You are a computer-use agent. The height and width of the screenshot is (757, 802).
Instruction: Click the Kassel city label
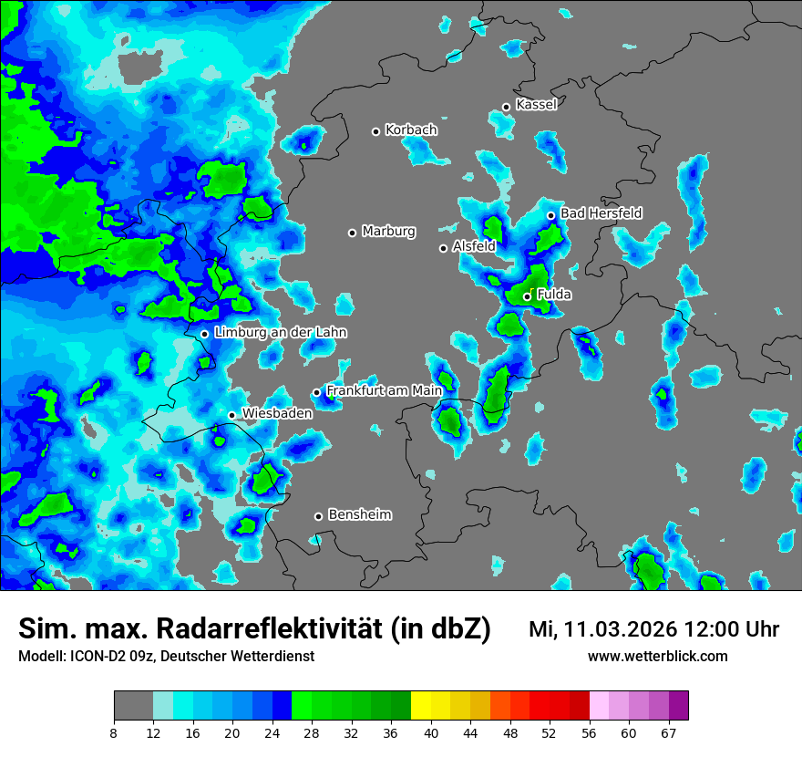(x=536, y=105)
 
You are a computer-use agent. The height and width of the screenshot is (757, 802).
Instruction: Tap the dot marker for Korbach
(x=375, y=131)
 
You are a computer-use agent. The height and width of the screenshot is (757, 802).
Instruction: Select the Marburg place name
(x=388, y=232)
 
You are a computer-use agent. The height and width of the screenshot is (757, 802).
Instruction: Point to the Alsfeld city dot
(x=443, y=248)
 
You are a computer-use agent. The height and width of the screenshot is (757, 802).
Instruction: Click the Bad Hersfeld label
(x=601, y=213)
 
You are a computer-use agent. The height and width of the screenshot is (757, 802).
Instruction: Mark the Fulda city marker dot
(x=527, y=296)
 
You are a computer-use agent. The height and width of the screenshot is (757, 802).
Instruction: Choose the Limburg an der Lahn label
(x=280, y=333)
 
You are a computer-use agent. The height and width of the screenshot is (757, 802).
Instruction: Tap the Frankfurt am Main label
(x=384, y=390)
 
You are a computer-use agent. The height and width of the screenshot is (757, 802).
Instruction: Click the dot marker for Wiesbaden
(x=231, y=416)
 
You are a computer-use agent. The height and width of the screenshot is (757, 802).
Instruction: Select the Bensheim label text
(x=359, y=514)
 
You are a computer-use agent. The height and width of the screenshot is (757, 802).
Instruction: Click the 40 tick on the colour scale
(x=431, y=732)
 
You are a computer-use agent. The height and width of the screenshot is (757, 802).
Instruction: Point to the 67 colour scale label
(x=669, y=732)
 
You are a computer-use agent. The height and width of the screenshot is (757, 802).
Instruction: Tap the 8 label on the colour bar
(x=114, y=732)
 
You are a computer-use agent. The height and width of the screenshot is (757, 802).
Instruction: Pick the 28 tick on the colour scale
(x=313, y=732)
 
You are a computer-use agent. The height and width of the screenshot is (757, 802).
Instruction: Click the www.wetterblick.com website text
(x=657, y=656)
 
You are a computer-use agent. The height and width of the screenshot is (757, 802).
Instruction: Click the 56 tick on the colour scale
(x=590, y=732)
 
